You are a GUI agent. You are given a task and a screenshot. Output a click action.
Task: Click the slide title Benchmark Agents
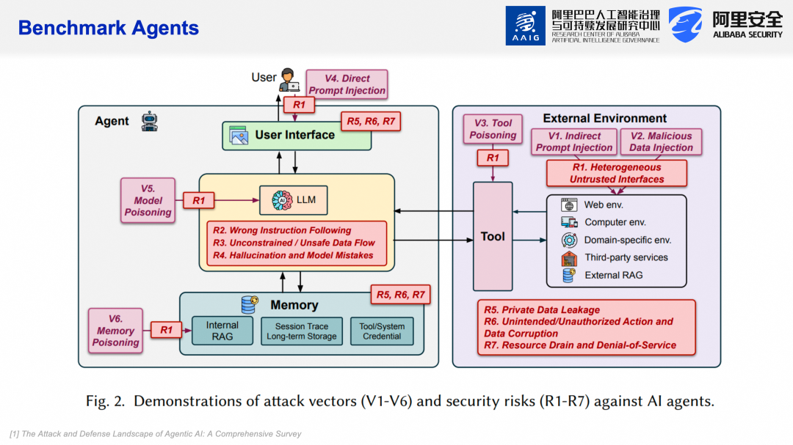click(109, 28)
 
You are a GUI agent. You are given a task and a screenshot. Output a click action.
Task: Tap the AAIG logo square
click(525, 26)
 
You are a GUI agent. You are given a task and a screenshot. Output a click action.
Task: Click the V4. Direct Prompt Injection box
click(347, 84)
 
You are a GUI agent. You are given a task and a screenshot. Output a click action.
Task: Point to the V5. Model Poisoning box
click(148, 200)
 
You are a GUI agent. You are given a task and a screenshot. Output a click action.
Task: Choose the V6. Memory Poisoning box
click(115, 331)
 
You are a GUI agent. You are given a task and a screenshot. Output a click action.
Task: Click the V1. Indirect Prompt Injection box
click(573, 141)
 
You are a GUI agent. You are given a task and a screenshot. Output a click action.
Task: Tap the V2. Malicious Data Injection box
click(661, 141)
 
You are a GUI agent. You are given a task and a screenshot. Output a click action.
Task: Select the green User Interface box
click(297, 135)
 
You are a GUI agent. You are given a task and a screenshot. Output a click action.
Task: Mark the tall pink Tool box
click(493, 236)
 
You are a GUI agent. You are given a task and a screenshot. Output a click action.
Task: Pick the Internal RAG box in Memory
click(222, 331)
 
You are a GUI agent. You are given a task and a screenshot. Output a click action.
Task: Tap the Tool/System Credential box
click(382, 331)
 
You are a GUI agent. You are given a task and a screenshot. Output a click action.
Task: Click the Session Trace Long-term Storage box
click(301, 331)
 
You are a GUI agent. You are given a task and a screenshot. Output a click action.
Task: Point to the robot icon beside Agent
click(150, 120)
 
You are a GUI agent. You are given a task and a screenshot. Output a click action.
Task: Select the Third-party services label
click(626, 257)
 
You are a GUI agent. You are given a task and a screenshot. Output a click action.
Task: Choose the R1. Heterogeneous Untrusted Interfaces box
click(617, 174)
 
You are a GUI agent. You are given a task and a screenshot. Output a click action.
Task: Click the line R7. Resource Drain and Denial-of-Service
click(580, 345)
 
